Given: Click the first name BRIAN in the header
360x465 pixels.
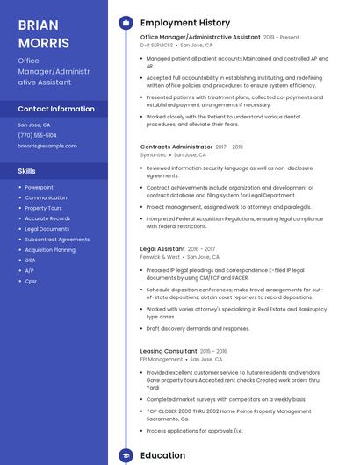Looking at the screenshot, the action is (x=38, y=25).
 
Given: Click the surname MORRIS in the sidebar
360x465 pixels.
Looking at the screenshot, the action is (x=42, y=42).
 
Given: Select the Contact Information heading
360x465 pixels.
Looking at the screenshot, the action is (x=56, y=109).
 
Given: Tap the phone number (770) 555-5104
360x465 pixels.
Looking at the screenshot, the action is (x=37, y=135).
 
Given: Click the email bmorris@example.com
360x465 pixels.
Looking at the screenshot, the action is (x=47, y=146).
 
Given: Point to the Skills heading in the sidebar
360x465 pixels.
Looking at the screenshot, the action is (x=26, y=171).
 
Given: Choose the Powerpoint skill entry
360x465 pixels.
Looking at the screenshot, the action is (x=39, y=187).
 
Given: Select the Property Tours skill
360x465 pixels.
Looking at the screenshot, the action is (x=43, y=208).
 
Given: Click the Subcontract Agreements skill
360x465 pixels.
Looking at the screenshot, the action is (x=57, y=239).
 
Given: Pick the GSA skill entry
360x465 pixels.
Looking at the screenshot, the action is (x=30, y=260).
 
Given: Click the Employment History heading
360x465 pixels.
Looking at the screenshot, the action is (x=185, y=23).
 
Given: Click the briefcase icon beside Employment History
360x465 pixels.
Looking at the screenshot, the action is (x=126, y=23).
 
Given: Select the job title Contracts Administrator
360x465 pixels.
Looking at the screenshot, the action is (x=176, y=147).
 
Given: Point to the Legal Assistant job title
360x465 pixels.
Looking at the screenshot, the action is (x=162, y=249).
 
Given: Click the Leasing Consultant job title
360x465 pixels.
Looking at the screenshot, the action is (x=169, y=351).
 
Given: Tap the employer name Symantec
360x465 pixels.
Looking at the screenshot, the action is (x=153, y=154).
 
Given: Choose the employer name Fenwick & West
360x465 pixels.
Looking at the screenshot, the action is (x=160, y=257).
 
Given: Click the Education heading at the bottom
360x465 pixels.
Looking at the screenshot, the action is (x=162, y=455).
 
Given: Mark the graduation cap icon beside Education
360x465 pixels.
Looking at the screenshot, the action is (x=126, y=456).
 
